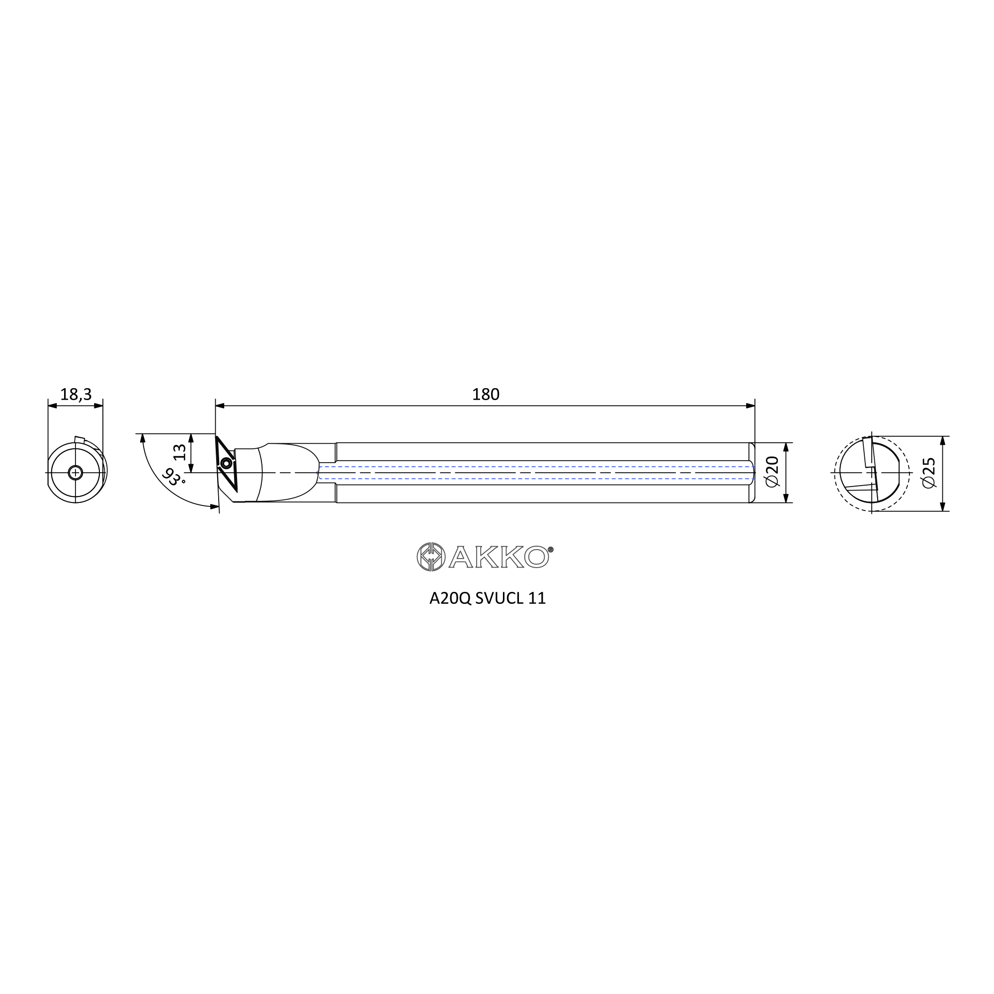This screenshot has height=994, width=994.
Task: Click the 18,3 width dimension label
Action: (x=76, y=395)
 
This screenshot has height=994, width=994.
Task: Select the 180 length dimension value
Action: (x=486, y=395)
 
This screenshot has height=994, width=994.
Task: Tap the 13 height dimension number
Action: (x=179, y=452)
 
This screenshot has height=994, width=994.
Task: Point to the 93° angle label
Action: (x=174, y=478)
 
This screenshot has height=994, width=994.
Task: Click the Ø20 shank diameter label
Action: (x=773, y=472)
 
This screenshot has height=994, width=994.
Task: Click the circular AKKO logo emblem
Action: (x=430, y=557)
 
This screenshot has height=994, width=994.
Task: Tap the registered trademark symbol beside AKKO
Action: (x=551, y=549)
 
